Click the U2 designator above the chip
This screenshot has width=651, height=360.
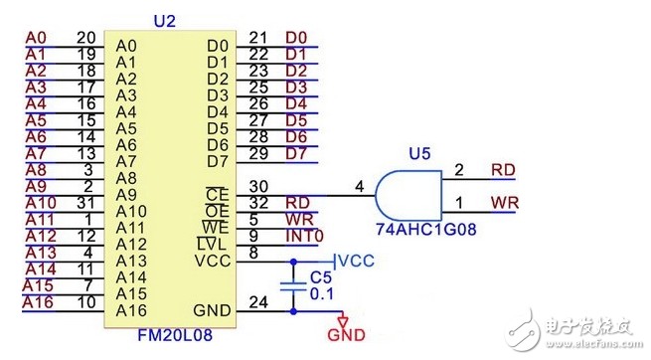(165, 21)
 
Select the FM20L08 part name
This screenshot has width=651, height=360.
(175, 335)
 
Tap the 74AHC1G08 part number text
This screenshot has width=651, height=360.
(426, 229)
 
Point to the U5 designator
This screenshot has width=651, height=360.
(419, 153)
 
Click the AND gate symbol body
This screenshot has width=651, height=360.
(408, 195)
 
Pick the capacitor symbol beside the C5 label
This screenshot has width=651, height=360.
(293, 286)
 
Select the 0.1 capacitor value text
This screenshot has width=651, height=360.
(322, 294)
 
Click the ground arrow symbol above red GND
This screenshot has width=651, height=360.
(343, 321)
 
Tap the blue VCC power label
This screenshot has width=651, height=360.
(357, 261)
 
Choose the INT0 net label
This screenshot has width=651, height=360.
(304, 236)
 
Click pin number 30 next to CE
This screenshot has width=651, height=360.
(258, 186)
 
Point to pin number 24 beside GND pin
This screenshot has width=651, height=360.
(258, 302)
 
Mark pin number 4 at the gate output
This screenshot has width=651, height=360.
(360, 186)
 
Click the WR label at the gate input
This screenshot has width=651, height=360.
(505, 203)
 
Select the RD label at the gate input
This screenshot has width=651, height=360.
(503, 170)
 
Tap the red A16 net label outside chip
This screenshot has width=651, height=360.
(38, 302)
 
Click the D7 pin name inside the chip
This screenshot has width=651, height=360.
(218, 161)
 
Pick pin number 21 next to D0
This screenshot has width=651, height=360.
(257, 38)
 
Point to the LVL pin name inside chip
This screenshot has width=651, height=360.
(212, 244)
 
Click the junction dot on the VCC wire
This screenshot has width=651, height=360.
(293, 262)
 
